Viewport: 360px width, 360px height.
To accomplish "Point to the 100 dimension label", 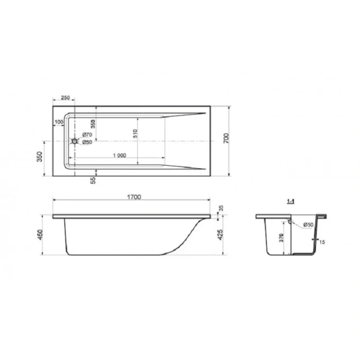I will pos(58,122).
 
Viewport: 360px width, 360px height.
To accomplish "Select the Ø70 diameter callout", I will pos(86,135).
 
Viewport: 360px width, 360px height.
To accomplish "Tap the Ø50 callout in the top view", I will pos(86,142).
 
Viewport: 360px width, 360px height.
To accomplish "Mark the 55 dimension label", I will pos(94,181).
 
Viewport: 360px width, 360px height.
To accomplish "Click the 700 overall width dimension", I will pos(226,139).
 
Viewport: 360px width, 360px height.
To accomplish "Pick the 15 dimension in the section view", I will pos(323,242).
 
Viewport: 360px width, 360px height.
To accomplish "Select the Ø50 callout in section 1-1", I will pos(308,225).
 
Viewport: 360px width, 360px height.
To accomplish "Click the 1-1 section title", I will pos(290,202).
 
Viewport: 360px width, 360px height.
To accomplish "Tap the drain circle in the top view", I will pos(75,142).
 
